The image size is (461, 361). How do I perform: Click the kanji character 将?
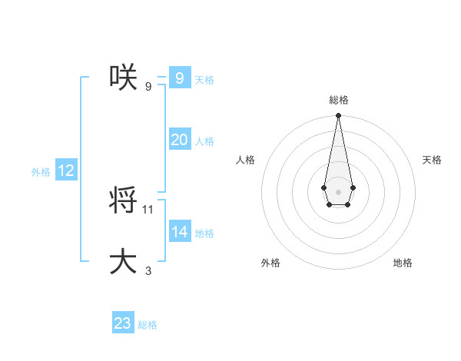pyautogui.click(x=124, y=200)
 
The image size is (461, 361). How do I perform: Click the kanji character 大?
pyautogui.click(x=124, y=261)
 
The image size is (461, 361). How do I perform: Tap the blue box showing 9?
pyautogui.click(x=179, y=78)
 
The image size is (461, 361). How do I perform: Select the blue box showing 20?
pyautogui.click(x=179, y=140)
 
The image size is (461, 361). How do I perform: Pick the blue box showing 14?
pyautogui.click(x=179, y=232)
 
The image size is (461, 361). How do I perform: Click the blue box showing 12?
pyautogui.click(x=65, y=171)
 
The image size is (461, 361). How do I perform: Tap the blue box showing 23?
pyautogui.click(x=123, y=323)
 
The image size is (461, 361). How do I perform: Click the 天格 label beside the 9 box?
pyautogui.click(x=204, y=80)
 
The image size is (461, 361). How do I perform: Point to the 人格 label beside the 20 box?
pyautogui.click(x=204, y=141)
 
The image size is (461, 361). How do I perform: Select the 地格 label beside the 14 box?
pyautogui.click(x=204, y=233)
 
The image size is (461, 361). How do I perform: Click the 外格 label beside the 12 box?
pyautogui.click(x=41, y=172)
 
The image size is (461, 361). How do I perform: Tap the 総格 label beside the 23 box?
pyautogui.click(x=148, y=325)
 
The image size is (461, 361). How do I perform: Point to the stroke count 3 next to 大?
pyautogui.click(x=148, y=270)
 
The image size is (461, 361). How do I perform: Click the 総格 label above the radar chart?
pyautogui.click(x=338, y=100)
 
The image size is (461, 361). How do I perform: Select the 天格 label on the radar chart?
pyautogui.click(x=433, y=160)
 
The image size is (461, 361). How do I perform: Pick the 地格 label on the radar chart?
pyautogui.click(x=403, y=263)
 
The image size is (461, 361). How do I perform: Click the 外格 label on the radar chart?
pyautogui.click(x=270, y=263)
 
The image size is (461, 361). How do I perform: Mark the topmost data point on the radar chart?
pyautogui.click(x=338, y=116)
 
